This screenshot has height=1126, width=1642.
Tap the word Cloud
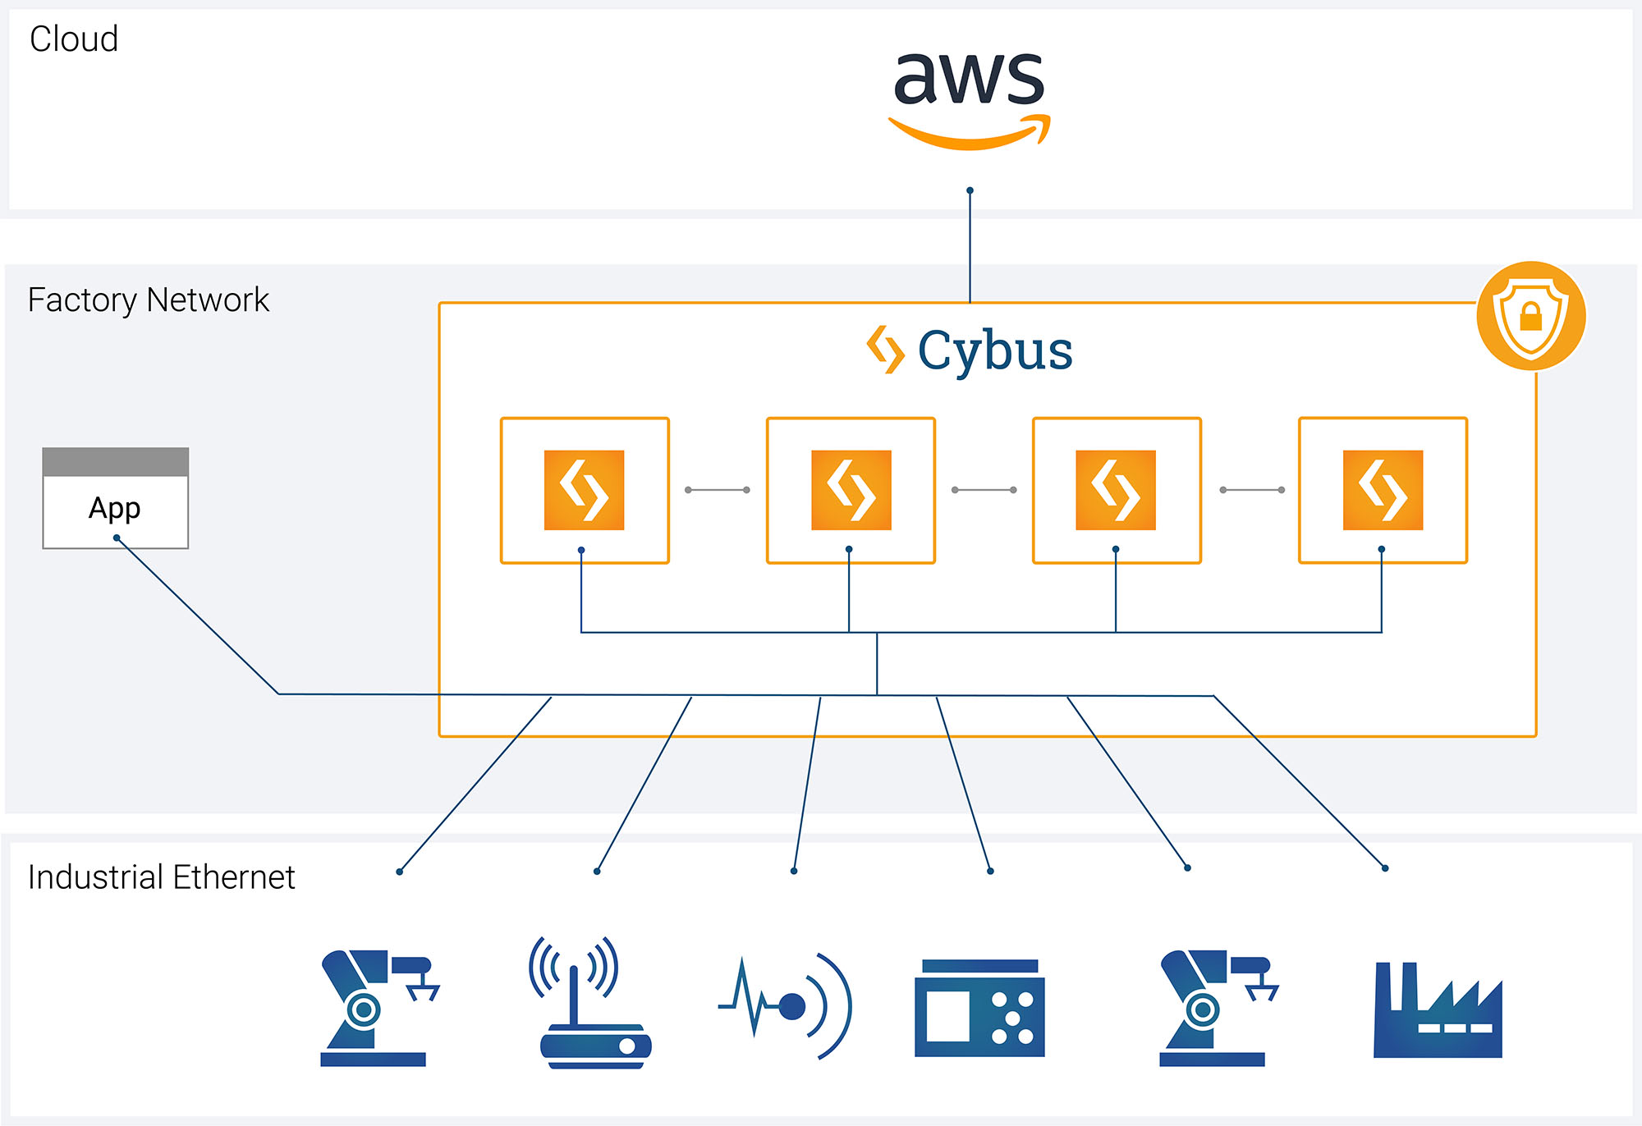[x=74, y=39]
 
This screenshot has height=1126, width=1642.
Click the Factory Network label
[x=148, y=300]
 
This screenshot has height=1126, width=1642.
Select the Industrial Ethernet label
[x=161, y=877]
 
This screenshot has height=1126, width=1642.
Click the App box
[x=115, y=509]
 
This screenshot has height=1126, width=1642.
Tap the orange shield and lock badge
[x=1530, y=316]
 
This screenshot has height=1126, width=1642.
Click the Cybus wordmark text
[x=994, y=351]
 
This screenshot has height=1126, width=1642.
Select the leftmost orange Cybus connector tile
[x=584, y=490]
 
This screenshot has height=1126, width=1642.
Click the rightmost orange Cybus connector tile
[x=1383, y=490]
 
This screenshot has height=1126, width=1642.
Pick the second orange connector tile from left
[x=851, y=490]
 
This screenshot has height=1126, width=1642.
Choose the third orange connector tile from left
[x=1116, y=490]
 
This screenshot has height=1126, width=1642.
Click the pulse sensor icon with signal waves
[x=787, y=1006]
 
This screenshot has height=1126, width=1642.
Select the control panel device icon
[x=979, y=1009]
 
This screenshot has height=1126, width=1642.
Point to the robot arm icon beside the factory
[x=1216, y=1009]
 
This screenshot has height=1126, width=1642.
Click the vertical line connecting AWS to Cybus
[x=970, y=246]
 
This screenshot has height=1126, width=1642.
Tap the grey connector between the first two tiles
[x=718, y=490]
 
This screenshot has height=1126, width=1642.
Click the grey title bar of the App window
[x=115, y=462]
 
